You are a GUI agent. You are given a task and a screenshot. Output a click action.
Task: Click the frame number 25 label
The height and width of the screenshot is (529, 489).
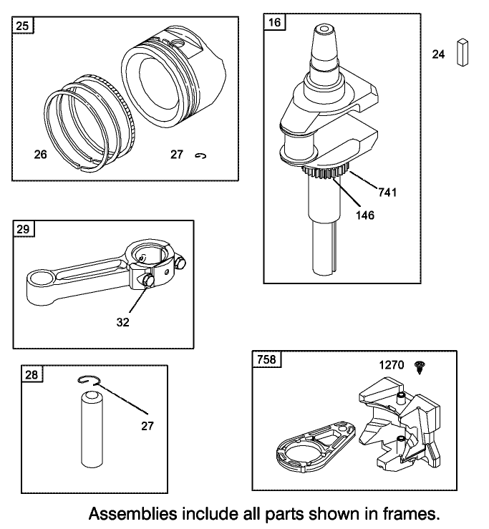pos(23,26)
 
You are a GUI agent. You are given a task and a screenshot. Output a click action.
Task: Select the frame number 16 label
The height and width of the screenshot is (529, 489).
pos(274,22)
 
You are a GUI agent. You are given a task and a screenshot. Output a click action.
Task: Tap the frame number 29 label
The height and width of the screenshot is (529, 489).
pos(24,229)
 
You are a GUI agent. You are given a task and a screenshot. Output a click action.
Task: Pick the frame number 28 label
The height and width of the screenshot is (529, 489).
pos(32,374)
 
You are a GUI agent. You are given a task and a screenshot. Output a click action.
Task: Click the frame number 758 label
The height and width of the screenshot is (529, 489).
pos(266,359)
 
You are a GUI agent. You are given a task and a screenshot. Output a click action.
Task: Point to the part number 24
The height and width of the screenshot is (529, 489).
pos(438,54)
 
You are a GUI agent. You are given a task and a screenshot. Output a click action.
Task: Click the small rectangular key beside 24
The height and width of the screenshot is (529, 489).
pos(463,53)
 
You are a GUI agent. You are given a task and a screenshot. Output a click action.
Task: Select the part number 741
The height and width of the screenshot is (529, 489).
pos(387,193)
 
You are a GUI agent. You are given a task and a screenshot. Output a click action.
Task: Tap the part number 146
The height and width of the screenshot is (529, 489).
pos(365,215)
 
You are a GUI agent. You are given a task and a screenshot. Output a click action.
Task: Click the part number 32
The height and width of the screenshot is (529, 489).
pos(123,322)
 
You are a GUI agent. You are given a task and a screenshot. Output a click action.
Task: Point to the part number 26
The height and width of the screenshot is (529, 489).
pos(41,154)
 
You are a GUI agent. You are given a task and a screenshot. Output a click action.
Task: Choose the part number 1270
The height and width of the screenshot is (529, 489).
pos(392,364)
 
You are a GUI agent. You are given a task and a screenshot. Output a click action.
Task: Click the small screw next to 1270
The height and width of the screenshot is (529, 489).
pos(420,367)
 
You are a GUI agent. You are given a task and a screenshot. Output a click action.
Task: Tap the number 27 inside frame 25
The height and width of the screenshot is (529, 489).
pos(177,154)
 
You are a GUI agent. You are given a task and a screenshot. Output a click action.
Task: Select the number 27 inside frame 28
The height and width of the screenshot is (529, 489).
pos(147,426)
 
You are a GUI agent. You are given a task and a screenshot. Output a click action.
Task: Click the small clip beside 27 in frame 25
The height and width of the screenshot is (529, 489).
pos(200,155)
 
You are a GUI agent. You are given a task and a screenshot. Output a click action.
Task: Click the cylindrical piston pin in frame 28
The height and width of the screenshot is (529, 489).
pos(92,429)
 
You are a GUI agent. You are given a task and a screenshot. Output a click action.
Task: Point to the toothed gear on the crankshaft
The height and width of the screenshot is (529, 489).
pos(324,172)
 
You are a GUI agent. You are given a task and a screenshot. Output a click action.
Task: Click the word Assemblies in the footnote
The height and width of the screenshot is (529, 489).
pos(133,514)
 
